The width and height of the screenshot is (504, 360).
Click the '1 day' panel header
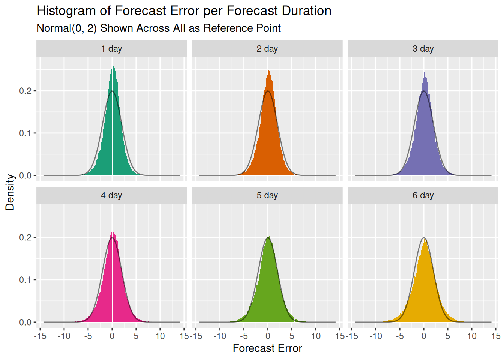[x=111, y=49]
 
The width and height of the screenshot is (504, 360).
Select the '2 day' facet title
[x=267, y=49]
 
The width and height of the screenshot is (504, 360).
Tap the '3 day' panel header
[x=423, y=49]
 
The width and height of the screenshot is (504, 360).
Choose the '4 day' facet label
[x=111, y=195]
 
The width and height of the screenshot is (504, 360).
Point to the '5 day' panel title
[x=267, y=195]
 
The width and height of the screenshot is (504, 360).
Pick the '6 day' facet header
[x=423, y=195]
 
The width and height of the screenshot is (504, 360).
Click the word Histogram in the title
[x=66, y=11]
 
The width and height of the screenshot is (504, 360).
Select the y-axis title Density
[x=10, y=192]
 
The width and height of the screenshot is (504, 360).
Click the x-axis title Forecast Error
[x=267, y=348]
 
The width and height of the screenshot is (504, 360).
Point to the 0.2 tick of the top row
[x=25, y=91]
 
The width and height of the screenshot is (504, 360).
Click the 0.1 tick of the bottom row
[x=25, y=280]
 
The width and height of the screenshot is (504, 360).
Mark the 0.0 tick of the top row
[x=25, y=175]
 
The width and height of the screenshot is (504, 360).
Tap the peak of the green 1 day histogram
[x=113, y=64]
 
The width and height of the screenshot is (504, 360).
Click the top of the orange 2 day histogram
[x=268, y=66]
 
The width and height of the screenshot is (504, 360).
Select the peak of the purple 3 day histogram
[x=424, y=73]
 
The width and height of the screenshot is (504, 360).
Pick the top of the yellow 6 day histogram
[x=424, y=242]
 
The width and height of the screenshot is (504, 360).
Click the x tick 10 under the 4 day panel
[x=160, y=336]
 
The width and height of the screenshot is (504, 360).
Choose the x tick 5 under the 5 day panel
[x=292, y=336]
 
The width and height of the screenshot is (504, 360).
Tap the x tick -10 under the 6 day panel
[x=375, y=336]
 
